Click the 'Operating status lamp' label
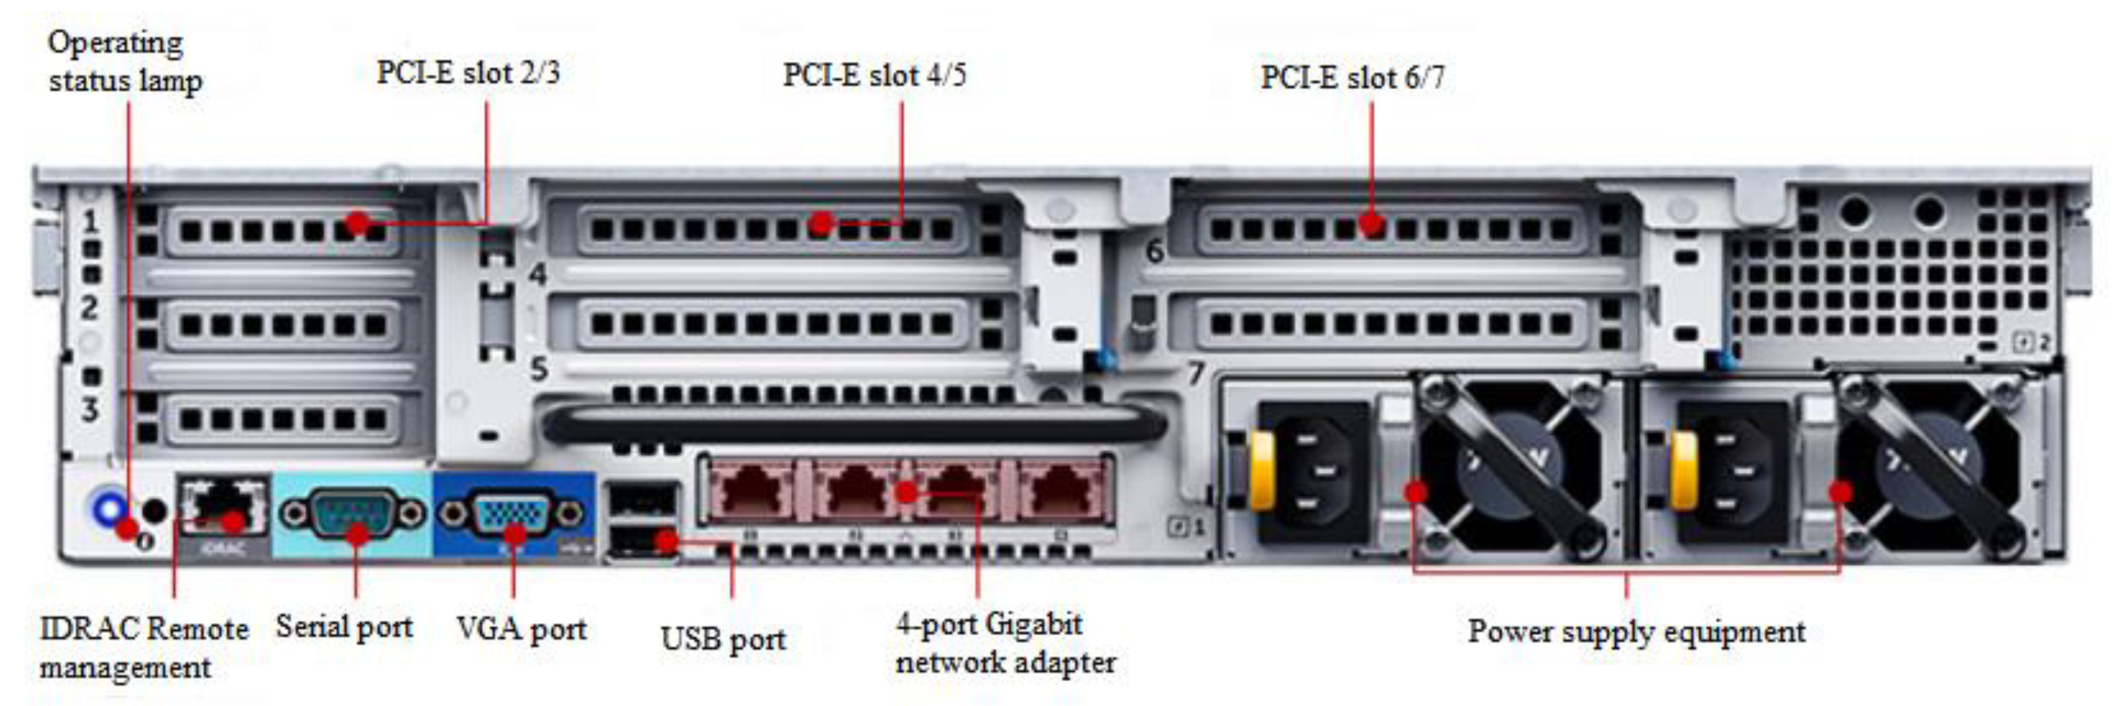[125, 61]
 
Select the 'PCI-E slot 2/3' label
[468, 73]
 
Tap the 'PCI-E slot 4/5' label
[874, 75]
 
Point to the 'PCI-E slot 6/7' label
[1352, 77]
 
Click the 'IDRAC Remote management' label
[143, 647]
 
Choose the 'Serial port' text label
[344, 627]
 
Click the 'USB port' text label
[723, 640]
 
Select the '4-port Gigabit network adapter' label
[1005, 643]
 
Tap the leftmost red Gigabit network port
[751, 491]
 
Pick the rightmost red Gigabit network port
[1061, 491]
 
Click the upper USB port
[642, 499]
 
